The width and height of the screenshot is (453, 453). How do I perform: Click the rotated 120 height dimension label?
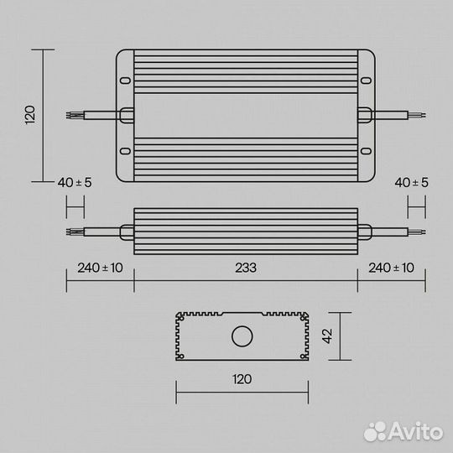pyautogui.click(x=29, y=115)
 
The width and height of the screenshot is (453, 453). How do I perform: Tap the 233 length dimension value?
pyautogui.click(x=245, y=268)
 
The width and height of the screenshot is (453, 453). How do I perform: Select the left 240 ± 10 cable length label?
pyautogui.click(x=100, y=268)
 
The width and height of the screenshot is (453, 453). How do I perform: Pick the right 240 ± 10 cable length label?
pyautogui.click(x=391, y=268)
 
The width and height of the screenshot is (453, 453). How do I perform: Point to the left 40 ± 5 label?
pyautogui.click(x=75, y=182)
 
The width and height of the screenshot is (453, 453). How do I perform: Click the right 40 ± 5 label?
pyautogui.click(x=411, y=182)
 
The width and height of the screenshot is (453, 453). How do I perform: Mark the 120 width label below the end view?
pyautogui.click(x=242, y=378)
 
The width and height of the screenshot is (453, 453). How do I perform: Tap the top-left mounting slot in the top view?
pyautogui.click(x=125, y=81)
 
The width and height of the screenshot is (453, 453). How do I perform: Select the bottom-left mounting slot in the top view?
pyautogui.click(x=125, y=151)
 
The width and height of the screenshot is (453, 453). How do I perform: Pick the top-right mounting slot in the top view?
pyautogui.click(x=367, y=81)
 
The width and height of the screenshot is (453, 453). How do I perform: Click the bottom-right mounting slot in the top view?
pyautogui.click(x=367, y=151)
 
